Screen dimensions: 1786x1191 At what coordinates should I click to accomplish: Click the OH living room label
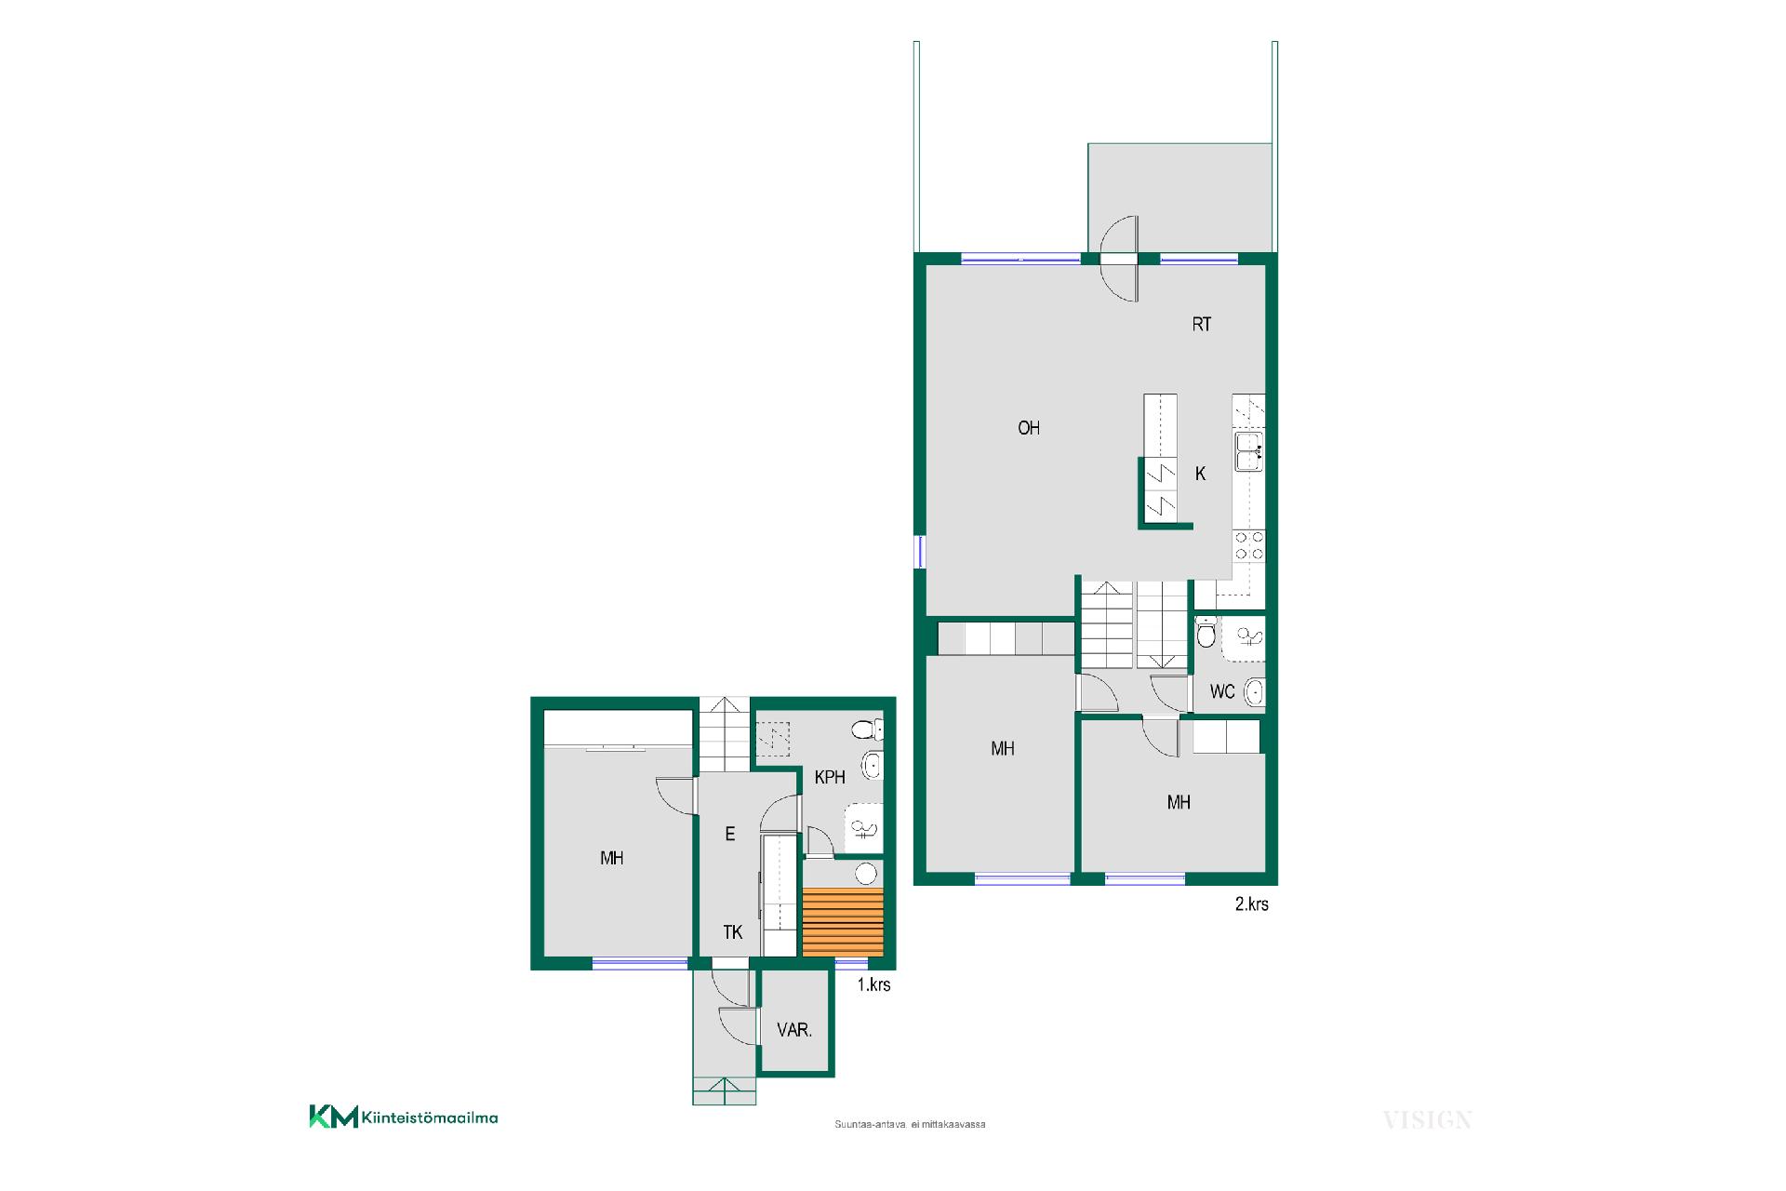tap(1029, 428)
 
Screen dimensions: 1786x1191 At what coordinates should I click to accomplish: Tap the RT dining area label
tap(1202, 325)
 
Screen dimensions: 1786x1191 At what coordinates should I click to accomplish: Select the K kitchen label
tap(1200, 474)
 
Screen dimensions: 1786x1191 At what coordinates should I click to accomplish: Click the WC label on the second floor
tap(1222, 691)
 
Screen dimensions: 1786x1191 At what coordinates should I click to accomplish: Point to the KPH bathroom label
tap(830, 777)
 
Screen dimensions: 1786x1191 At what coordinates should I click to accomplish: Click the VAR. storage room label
tap(794, 1030)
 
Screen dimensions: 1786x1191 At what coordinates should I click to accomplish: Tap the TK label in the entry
tap(733, 931)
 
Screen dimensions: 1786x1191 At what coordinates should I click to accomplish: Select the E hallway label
tap(730, 835)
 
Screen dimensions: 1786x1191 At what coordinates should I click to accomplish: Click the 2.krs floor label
tap(1251, 903)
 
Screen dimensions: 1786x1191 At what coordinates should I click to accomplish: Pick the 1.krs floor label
tap(873, 984)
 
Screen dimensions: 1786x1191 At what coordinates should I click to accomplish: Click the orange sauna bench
tap(843, 922)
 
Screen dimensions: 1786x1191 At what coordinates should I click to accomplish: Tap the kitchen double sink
tap(1248, 452)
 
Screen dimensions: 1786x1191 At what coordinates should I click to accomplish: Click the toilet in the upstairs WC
tap(1206, 635)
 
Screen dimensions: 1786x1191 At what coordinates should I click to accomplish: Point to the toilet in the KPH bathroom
tap(867, 729)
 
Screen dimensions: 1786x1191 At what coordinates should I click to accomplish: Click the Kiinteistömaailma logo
tap(404, 1117)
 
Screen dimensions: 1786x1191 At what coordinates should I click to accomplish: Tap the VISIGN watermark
tap(1427, 1120)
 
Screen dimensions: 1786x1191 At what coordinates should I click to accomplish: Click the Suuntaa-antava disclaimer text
tap(910, 1124)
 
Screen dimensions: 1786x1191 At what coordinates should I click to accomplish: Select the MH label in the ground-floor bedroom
tap(611, 858)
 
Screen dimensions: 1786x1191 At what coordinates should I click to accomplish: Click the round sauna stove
tap(866, 873)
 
